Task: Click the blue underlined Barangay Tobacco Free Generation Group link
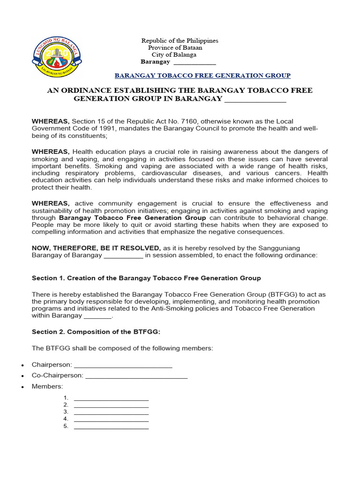pyautogui.click(x=202, y=75)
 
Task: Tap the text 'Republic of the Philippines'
pyautogui.click(x=180, y=41)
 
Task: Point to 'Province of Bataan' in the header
pyautogui.click(x=175, y=48)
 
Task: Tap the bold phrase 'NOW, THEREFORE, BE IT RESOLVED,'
pyautogui.click(x=96, y=248)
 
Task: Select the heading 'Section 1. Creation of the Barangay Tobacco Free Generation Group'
pyautogui.click(x=146, y=278)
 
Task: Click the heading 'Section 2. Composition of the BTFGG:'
pyautogui.click(x=96, y=332)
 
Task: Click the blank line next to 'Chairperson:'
pyautogui.click(x=123, y=365)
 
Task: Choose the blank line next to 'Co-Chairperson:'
pyautogui.click(x=136, y=375)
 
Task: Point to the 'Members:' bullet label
pyautogui.click(x=47, y=386)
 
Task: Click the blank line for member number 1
pyautogui.click(x=111, y=398)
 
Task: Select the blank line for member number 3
pyautogui.click(x=111, y=412)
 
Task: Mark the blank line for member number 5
pyautogui.click(x=111, y=427)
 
